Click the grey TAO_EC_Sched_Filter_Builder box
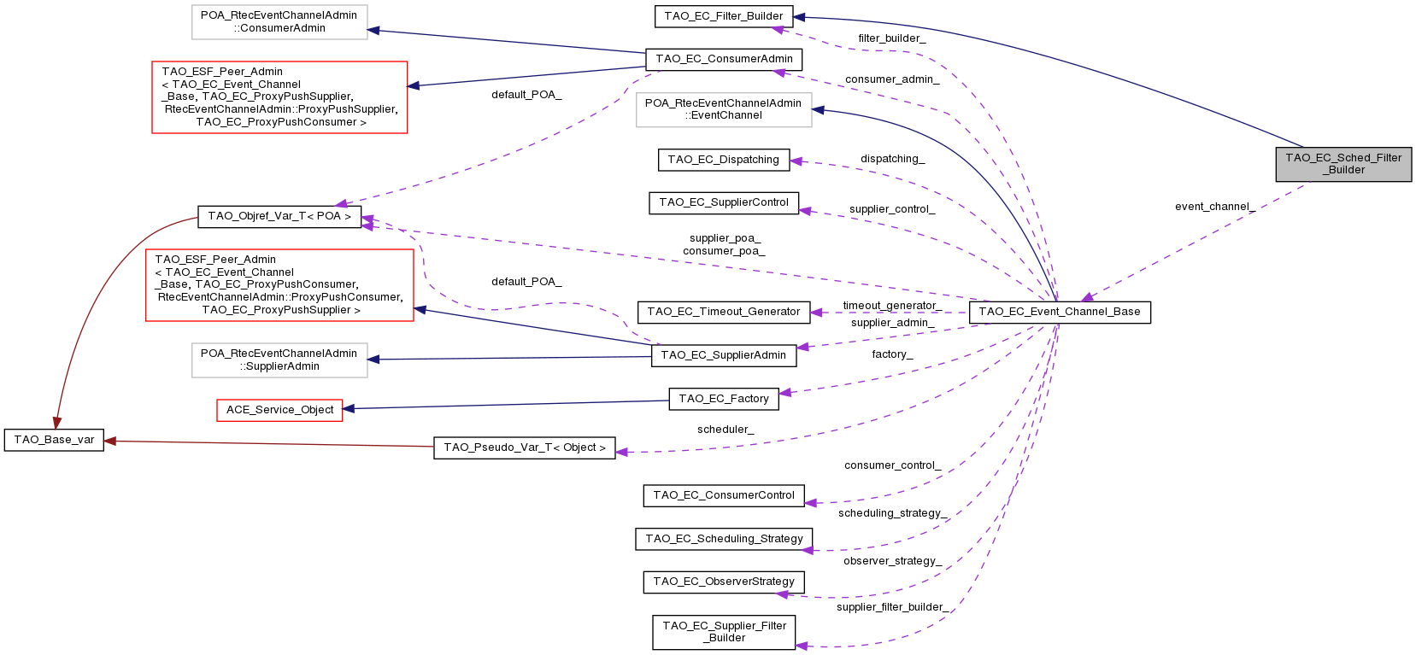point(1343,164)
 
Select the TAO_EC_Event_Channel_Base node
point(1060,312)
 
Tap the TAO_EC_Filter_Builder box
point(723,16)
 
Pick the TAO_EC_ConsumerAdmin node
point(724,59)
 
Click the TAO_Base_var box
point(54,440)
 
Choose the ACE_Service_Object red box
point(279,410)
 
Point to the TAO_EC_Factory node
point(723,399)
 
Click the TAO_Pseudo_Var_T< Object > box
point(524,447)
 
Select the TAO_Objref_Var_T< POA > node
point(279,216)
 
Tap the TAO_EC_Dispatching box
point(723,160)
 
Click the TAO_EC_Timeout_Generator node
point(723,312)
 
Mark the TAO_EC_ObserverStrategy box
point(723,582)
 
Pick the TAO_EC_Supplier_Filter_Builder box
point(724,632)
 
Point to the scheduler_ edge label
point(726,430)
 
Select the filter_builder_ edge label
point(891,38)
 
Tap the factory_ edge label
point(892,354)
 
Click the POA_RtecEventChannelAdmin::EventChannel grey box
point(723,109)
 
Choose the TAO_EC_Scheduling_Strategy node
point(724,539)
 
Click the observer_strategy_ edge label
point(892,561)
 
